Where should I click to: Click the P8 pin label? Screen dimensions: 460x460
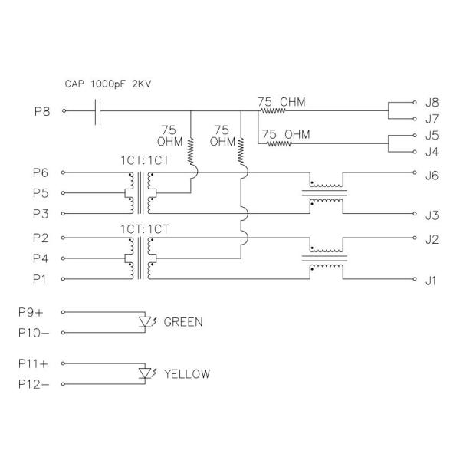42,110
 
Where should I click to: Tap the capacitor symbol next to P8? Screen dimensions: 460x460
97,111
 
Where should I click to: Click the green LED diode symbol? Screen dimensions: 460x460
146,320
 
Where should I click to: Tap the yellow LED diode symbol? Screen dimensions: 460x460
146,373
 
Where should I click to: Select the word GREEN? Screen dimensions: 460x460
183,322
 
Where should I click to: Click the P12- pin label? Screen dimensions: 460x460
34,385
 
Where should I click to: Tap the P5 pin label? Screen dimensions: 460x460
41,192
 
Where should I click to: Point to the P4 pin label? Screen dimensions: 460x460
41,258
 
